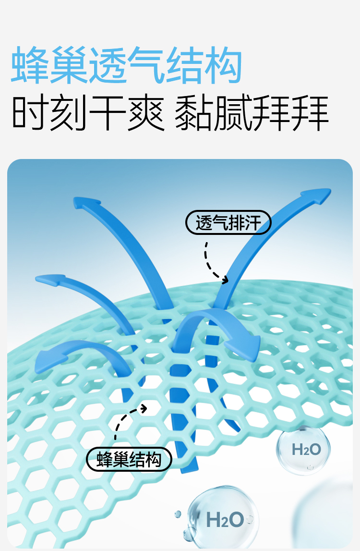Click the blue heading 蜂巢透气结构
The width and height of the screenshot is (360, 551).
pyautogui.click(x=126, y=65)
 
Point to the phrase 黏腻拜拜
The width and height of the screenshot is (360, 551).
pyautogui.click(x=252, y=113)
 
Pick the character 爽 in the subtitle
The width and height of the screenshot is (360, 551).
pyautogui.click(x=146, y=113)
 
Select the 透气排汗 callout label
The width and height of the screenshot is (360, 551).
pyautogui.click(x=228, y=223)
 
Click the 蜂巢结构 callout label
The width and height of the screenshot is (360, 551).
pyautogui.click(x=129, y=459)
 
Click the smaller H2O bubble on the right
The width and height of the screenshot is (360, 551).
pyautogui.click(x=304, y=450)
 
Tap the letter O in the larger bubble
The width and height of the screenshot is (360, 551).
pyautogui.click(x=236, y=519)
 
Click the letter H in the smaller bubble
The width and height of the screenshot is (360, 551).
pyautogui.click(x=296, y=450)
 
